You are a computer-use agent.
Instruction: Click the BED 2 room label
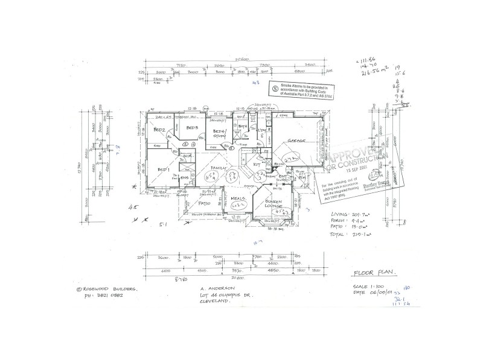point(159,130)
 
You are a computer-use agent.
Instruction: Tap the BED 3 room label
point(193,129)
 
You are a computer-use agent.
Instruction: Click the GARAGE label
point(296,140)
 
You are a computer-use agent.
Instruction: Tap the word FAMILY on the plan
point(218,168)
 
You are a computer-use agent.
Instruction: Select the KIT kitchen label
point(256,164)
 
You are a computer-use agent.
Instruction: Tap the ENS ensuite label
point(184,177)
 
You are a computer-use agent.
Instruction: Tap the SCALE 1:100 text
point(369,286)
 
